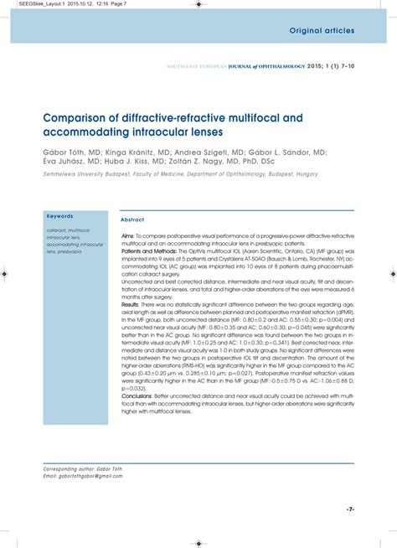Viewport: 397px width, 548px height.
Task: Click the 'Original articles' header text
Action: point(322,31)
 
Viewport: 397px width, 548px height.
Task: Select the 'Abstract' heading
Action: point(133,220)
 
